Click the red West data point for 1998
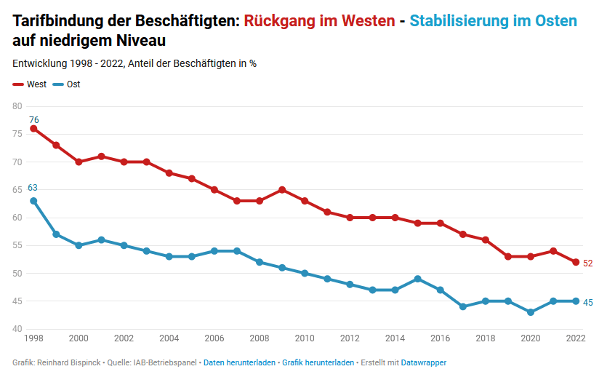(33, 129)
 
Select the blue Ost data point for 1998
(33, 201)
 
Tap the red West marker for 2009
(282, 190)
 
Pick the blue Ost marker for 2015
(418, 279)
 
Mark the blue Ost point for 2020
(531, 312)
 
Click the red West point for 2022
(576, 262)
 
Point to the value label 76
(33, 119)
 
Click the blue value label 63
(33, 188)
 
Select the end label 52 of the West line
(588, 263)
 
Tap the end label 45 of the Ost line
(588, 302)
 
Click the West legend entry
(30, 84)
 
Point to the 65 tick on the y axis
(17, 190)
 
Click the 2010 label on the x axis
(305, 338)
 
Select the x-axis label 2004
(169, 338)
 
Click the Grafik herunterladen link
(318, 362)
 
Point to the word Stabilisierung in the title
(459, 21)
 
